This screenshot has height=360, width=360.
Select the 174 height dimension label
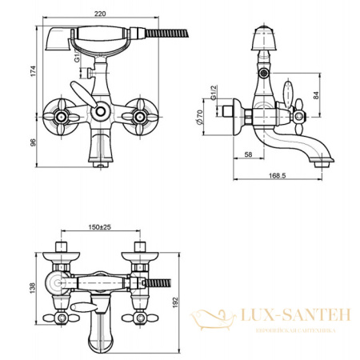click(x=31, y=71)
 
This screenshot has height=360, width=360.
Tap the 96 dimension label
click(x=31, y=142)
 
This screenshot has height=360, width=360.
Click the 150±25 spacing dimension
click(x=100, y=226)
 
